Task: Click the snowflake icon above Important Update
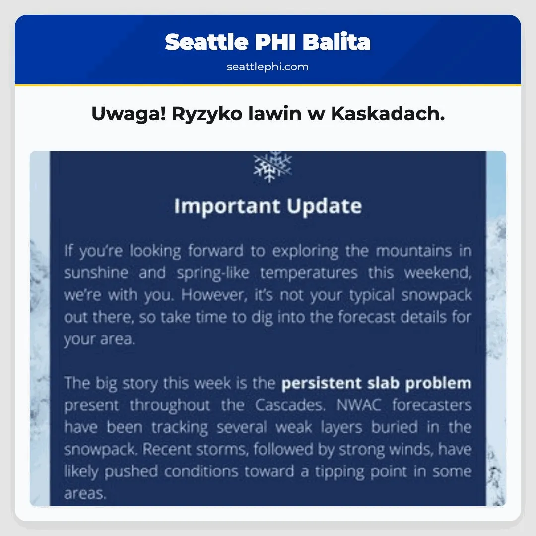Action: pos(272,166)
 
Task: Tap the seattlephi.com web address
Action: pos(268,67)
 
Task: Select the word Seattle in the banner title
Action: pos(206,42)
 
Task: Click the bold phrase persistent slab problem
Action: pos(376,383)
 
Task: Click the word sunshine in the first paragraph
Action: pos(96,272)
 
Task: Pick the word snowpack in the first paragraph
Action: pos(436,295)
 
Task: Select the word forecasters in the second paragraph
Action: pos(431,405)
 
